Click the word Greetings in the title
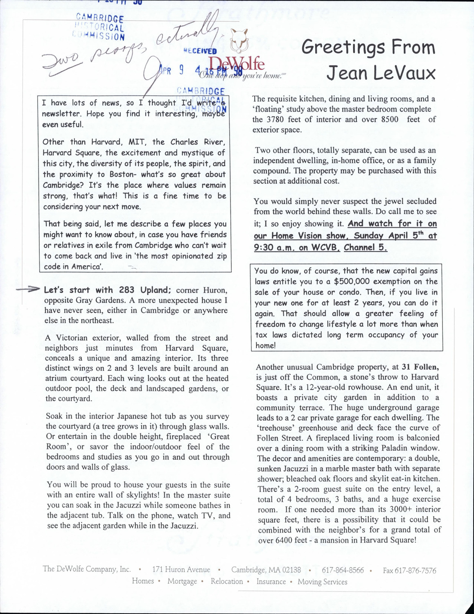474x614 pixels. coord(343,48)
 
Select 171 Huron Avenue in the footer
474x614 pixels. coord(181,569)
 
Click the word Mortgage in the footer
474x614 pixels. coord(182,581)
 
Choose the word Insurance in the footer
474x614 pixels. coord(271,581)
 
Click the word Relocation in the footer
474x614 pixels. coord(227,581)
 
